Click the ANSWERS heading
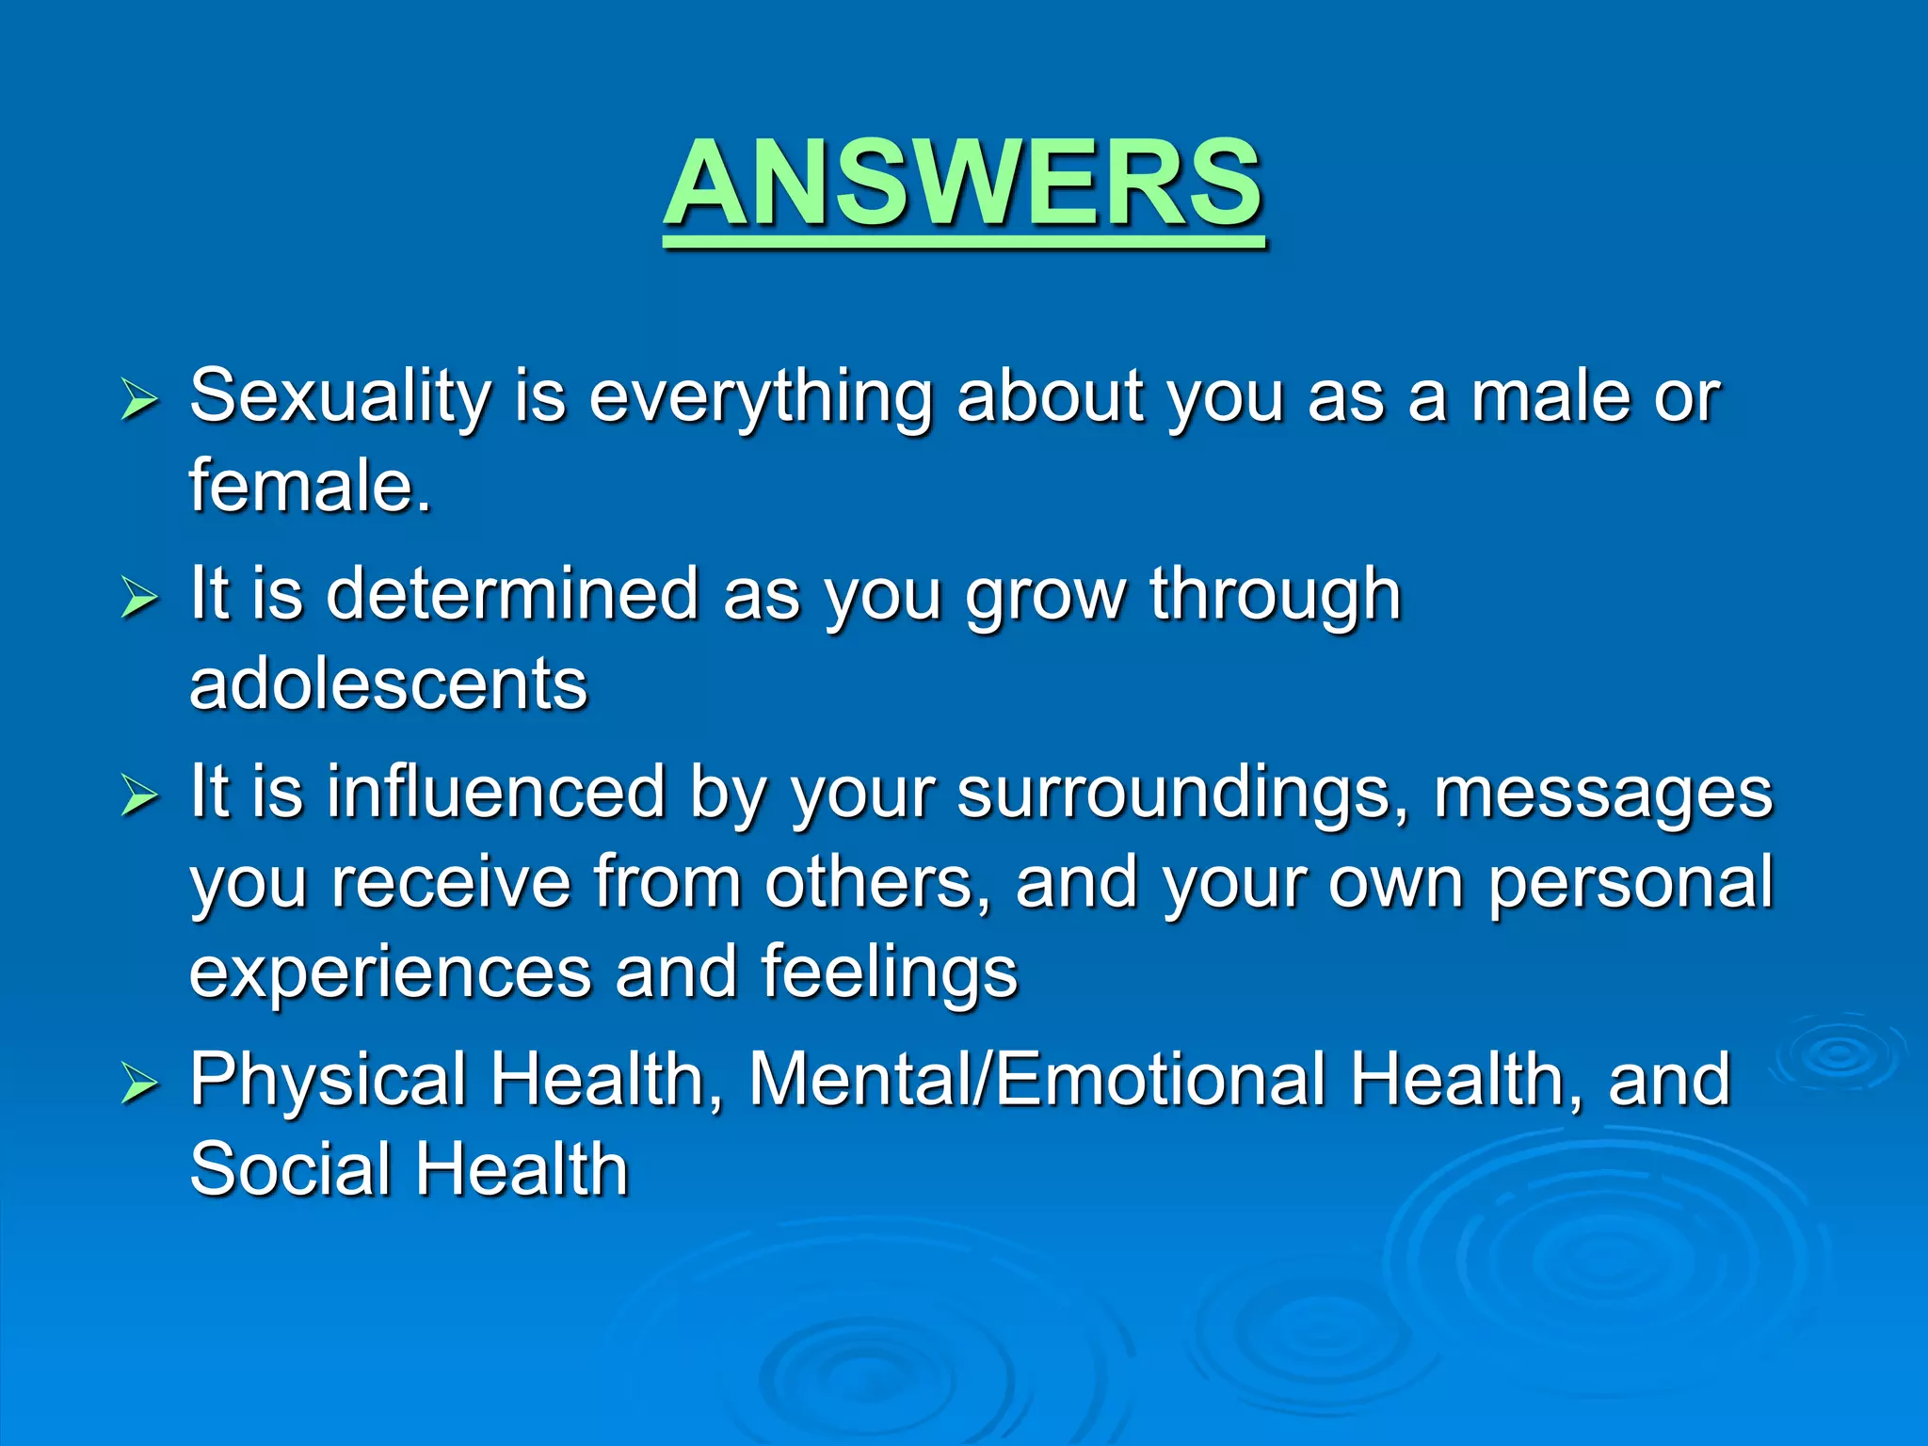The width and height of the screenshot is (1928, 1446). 964,184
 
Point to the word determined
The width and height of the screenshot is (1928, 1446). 512,595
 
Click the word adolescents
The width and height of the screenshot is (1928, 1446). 388,684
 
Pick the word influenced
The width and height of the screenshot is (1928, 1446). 497,793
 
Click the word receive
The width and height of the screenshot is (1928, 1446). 451,884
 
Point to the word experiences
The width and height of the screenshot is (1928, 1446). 391,973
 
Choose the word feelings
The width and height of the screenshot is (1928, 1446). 890,973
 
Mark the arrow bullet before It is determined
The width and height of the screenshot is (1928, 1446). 139,598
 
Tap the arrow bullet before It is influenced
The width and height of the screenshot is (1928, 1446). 139,796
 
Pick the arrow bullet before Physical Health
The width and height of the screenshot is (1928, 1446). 139,1084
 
